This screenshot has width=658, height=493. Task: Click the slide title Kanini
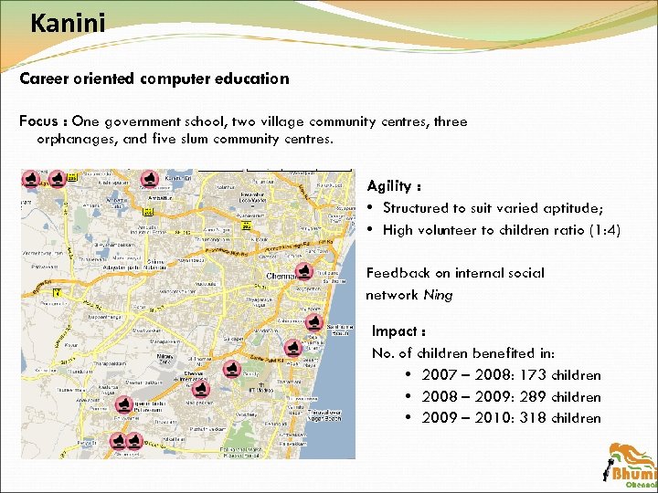[x=68, y=22]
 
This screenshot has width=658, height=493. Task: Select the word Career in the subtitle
[x=43, y=79]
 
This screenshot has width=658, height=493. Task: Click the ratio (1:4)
[x=600, y=230]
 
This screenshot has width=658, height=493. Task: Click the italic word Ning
[x=438, y=295]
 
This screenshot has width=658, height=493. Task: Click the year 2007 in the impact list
[x=438, y=375]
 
